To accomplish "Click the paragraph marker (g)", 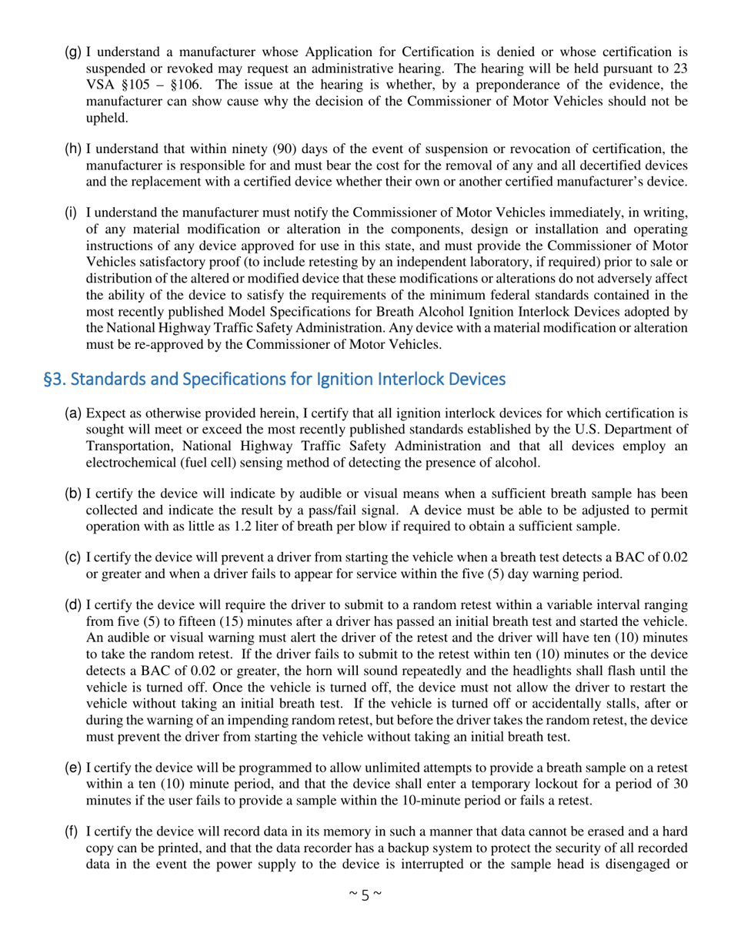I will point(73,52).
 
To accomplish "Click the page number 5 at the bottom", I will point(365,895).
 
